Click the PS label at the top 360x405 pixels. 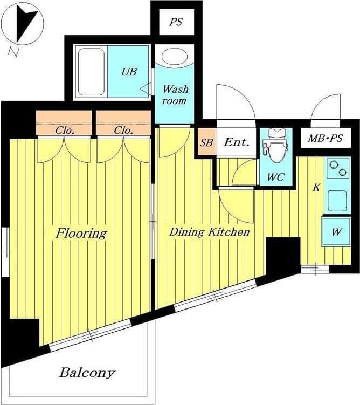click(176, 22)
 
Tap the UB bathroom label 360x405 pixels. click(129, 72)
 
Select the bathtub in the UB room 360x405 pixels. click(92, 72)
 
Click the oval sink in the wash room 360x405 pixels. click(175, 57)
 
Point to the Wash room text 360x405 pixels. click(175, 95)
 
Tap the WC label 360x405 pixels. click(276, 177)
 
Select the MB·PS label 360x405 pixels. click(326, 138)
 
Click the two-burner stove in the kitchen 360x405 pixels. click(338, 168)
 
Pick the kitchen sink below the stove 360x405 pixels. click(337, 201)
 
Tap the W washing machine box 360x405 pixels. click(336, 232)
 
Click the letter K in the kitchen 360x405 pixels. click(316, 187)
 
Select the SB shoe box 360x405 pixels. click(207, 142)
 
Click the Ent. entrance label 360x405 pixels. click(237, 142)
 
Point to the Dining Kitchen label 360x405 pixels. click(209, 232)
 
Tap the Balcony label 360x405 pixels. click(87, 373)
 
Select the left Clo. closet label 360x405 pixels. click(65, 131)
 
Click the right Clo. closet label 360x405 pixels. click(123, 131)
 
